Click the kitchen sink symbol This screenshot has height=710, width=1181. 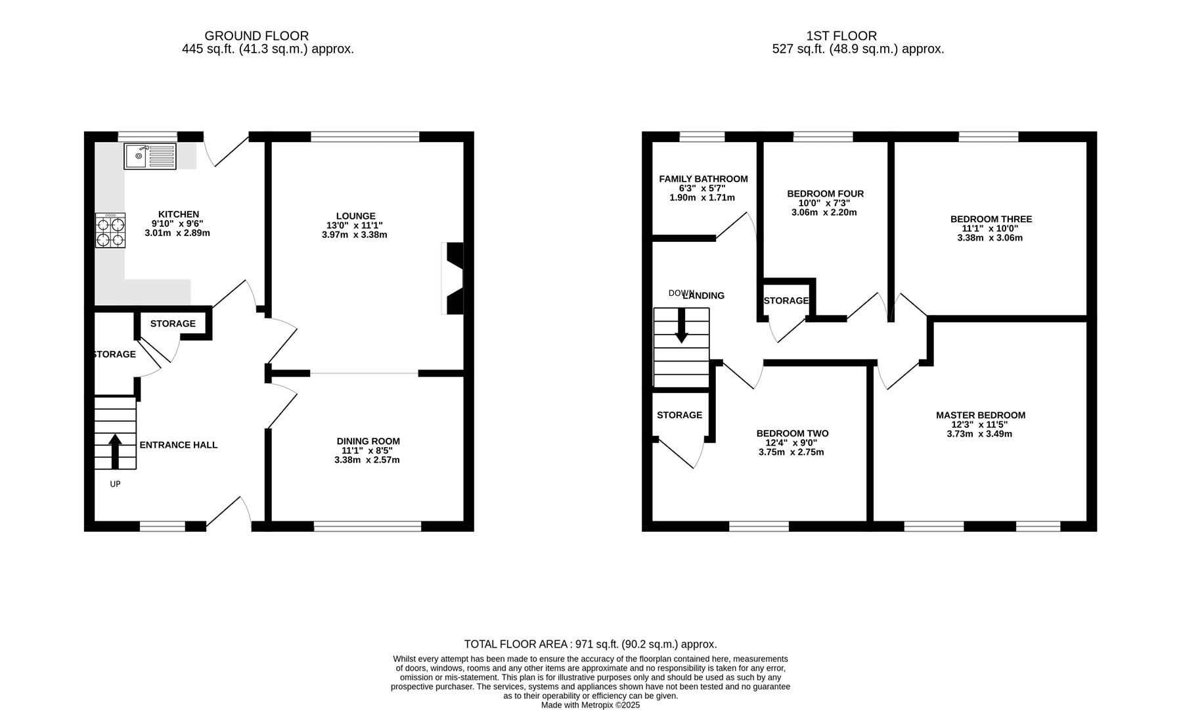point(150,156)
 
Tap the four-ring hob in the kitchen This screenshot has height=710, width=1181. point(110,230)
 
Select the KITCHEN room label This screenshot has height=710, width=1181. point(178,214)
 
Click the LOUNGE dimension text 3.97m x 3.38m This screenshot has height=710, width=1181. point(355,235)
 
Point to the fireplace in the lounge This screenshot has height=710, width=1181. point(453,278)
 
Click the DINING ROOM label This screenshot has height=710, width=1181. point(368,441)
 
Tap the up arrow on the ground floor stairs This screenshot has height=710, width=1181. point(115,450)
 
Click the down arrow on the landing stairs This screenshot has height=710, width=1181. point(681,325)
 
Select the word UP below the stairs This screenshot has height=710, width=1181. point(115,485)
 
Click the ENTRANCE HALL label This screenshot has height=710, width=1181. point(178,445)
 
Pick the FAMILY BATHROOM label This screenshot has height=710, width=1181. point(703,179)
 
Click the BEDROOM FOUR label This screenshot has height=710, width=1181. point(825,194)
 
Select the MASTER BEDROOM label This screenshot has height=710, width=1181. point(980,415)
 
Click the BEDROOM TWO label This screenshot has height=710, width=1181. point(792,434)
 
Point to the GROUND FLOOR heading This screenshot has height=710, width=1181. point(256,36)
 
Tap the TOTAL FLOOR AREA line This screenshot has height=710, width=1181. point(590,644)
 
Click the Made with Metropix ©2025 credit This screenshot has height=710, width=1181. point(590,705)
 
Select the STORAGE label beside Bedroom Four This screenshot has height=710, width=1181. point(786,301)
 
